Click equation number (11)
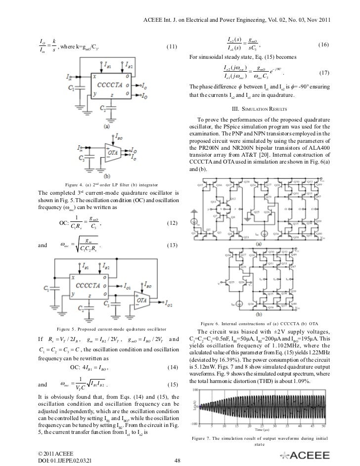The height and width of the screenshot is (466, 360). click(x=172, y=47)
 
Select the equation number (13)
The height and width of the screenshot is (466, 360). click(x=172, y=246)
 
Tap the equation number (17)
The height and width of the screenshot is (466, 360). click(x=324, y=73)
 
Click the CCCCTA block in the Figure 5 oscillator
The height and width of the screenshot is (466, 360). click(x=98, y=285)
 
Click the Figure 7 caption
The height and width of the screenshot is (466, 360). click(x=259, y=440)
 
